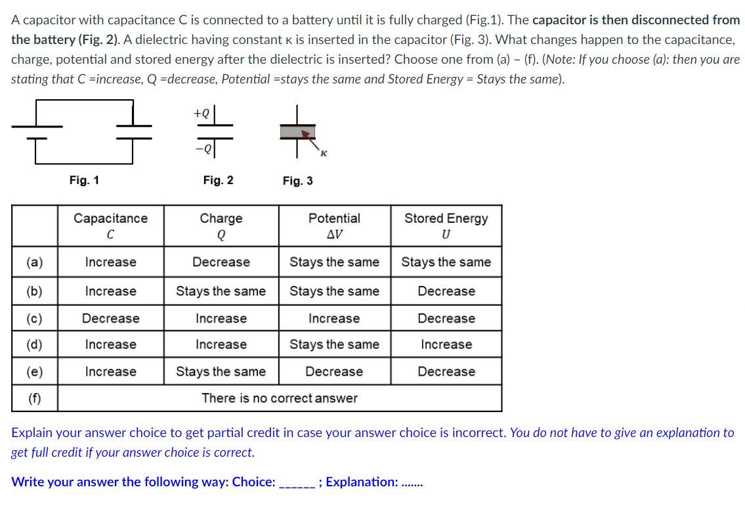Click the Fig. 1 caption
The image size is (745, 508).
[84, 180]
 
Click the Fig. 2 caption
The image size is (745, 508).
[218, 180]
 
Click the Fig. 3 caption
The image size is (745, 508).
[297, 181]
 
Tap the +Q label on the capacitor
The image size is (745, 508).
[202, 113]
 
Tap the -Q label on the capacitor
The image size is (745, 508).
[202, 149]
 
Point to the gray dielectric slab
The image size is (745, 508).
[297, 132]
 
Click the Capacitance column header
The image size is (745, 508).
[110, 225]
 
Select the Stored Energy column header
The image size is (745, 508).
[446, 225]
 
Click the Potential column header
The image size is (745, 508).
[334, 225]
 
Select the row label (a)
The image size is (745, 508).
[34, 262]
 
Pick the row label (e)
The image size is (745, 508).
[34, 371]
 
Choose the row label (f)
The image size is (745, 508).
[34, 398]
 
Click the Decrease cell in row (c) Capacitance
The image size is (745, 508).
[110, 319]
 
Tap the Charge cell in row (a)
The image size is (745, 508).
[221, 262]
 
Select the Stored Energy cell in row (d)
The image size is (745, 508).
[446, 344]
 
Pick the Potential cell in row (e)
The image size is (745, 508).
[334, 371]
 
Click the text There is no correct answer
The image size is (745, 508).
[280, 398]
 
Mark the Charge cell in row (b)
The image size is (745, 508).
[221, 291]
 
